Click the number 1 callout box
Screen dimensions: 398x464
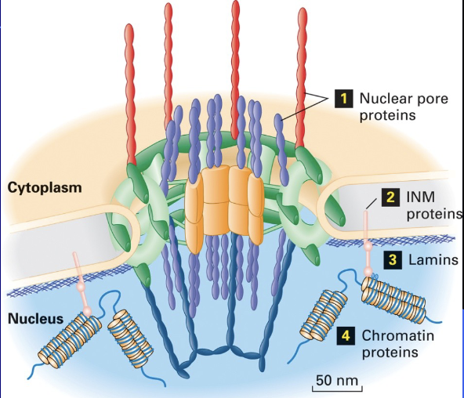pyautogui.click(x=343, y=98)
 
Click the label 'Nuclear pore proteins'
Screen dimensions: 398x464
pyautogui.click(x=396, y=107)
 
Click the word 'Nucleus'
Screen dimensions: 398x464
pyautogui.click(x=30, y=319)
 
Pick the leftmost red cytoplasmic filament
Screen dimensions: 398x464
pyautogui.click(x=131, y=94)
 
